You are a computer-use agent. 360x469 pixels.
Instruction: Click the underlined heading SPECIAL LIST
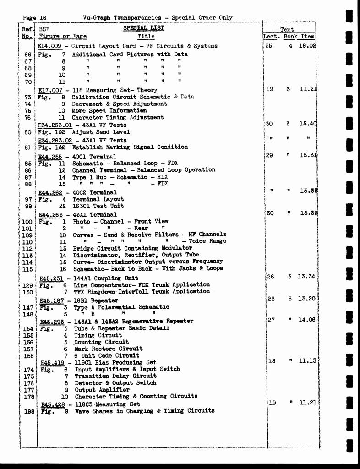(143, 28)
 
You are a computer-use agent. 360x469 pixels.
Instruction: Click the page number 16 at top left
(42, 18)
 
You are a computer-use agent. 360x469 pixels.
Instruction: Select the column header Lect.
(272, 37)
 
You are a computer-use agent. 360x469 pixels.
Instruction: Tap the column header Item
(308, 37)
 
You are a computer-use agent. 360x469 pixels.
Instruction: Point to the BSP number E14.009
(49, 46)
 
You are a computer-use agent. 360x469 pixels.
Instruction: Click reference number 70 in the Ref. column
(27, 82)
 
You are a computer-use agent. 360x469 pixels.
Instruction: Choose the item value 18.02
(307, 46)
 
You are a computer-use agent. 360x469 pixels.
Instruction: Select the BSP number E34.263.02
(55, 140)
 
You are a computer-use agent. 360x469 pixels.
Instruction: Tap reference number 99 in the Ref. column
(27, 207)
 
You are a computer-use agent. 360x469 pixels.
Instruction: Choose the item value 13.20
(307, 299)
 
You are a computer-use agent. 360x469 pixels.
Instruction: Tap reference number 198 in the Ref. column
(29, 411)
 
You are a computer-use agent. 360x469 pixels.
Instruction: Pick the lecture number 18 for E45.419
(272, 361)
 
